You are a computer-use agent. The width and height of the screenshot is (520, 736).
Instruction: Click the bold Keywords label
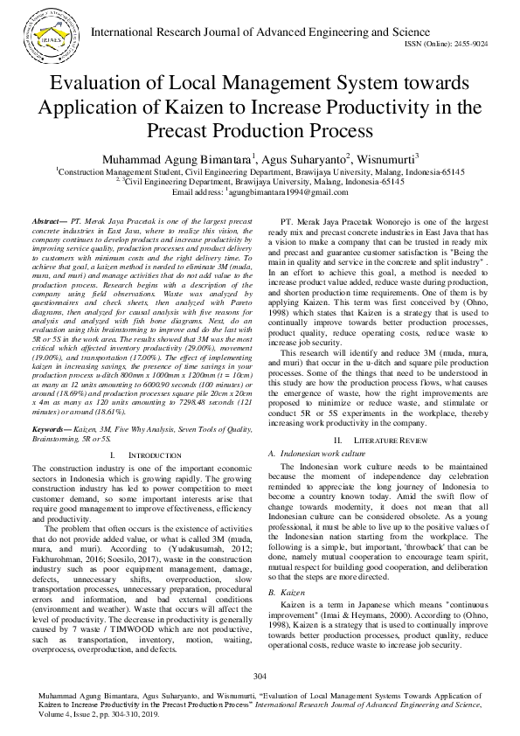[x=52, y=406]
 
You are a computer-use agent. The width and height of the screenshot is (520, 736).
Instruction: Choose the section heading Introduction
[x=145, y=431]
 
